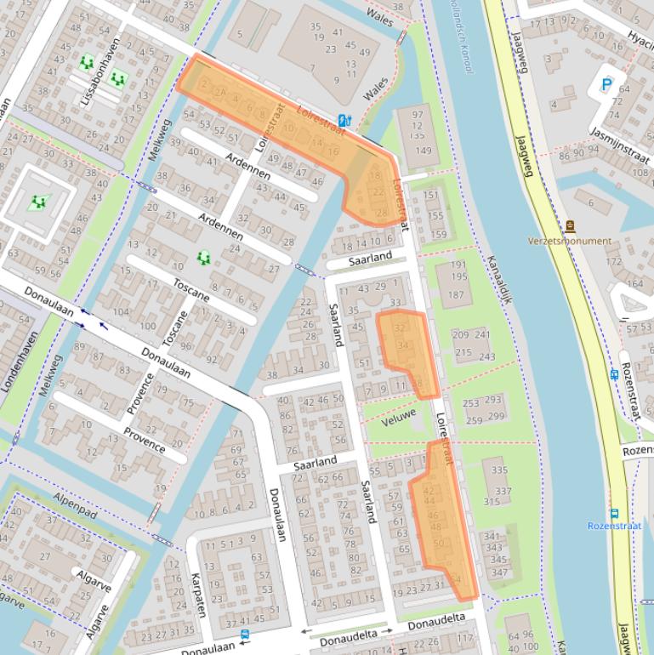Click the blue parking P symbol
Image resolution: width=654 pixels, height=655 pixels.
tap(606, 84)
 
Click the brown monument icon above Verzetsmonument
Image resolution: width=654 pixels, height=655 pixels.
tap(570, 226)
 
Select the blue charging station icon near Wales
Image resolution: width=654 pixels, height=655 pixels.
tap(344, 121)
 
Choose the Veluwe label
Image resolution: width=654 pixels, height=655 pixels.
tap(399, 418)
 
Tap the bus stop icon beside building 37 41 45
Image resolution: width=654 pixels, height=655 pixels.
tap(245, 634)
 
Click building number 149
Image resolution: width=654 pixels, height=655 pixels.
tap(423, 151)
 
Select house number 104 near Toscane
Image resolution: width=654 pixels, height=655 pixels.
tap(122, 312)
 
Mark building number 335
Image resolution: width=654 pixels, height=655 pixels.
tap(499, 470)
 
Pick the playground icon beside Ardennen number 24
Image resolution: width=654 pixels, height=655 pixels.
tap(202, 257)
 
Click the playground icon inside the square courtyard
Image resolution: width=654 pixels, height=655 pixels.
tap(37, 202)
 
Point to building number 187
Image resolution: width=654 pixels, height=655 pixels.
tap(457, 295)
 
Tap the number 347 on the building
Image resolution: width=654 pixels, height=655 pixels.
tap(499, 572)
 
